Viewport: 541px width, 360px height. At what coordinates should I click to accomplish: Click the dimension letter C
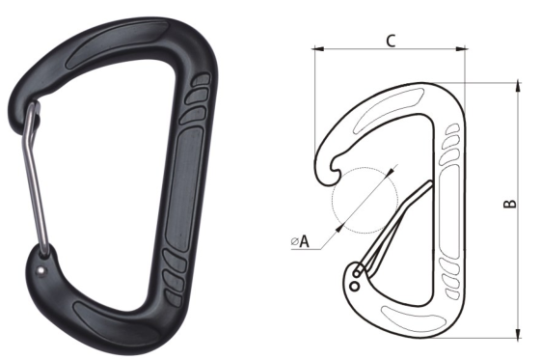pos(391,42)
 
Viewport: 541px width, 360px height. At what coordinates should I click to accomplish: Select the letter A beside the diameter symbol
pos(304,241)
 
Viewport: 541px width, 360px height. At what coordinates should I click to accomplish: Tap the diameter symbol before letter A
pos(295,242)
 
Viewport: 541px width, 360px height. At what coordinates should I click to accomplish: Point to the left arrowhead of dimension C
pos(318,49)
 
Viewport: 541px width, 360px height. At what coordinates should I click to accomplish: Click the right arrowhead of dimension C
pos(462,49)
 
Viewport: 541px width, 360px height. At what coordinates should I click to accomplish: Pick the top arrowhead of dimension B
pos(518,86)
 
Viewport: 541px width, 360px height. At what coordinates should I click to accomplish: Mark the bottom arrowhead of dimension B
pos(518,334)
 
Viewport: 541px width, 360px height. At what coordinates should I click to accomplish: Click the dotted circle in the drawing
pos(365,201)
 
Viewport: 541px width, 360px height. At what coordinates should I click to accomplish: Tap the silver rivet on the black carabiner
pos(41,271)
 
